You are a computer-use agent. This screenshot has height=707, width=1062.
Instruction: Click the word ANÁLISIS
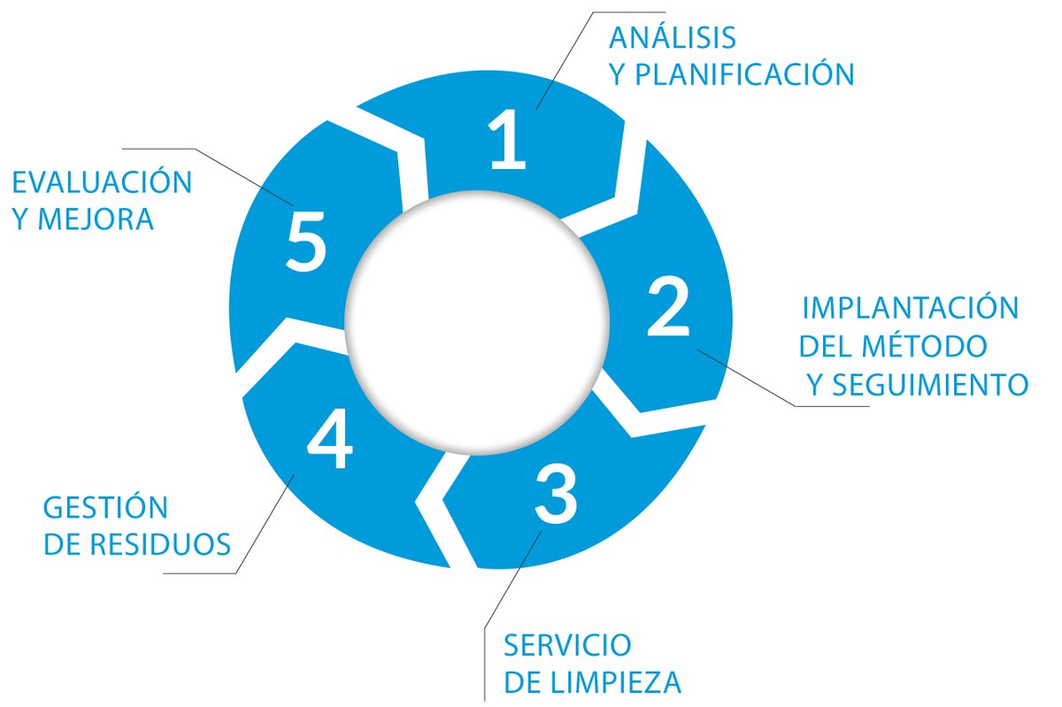click(673, 38)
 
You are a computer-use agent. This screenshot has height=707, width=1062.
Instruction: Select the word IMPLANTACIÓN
click(911, 309)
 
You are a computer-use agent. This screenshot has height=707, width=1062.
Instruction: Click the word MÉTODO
click(928, 346)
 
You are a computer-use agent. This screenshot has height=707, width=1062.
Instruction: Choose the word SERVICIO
click(567, 644)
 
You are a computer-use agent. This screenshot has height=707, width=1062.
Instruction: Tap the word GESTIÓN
click(105, 508)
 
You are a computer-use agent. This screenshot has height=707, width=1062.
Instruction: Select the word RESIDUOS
click(161, 544)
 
